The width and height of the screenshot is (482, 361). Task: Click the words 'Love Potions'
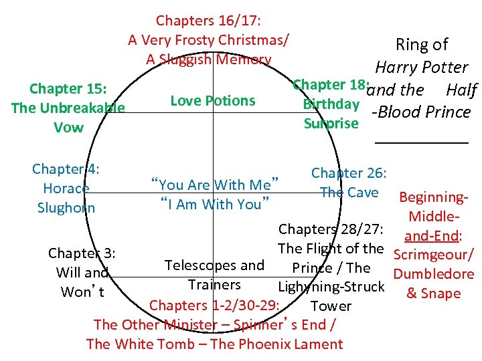[x=213, y=101]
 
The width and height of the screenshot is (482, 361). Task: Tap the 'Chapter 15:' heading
[x=69, y=89]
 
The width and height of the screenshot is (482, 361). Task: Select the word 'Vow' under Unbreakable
[x=69, y=127]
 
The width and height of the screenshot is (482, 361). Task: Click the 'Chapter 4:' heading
[x=66, y=169]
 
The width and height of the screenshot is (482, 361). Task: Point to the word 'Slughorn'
[x=66, y=208]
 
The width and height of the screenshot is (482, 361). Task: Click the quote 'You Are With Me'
[x=215, y=185]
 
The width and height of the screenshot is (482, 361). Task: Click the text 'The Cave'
[x=349, y=193]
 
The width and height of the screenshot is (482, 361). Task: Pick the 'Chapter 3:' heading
[x=82, y=253]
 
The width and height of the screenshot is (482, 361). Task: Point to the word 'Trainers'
[x=214, y=285]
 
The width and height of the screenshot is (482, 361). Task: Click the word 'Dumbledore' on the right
[x=434, y=273]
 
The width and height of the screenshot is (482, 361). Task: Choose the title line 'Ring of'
[x=422, y=45]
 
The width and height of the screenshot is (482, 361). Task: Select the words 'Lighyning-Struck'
[x=331, y=287]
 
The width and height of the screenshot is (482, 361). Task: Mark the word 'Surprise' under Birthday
[x=331, y=124]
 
